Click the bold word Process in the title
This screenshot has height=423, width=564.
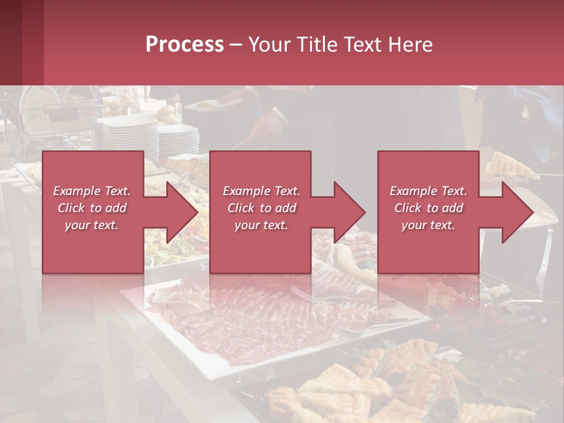[184, 44]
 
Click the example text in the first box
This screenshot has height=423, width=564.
[92, 208]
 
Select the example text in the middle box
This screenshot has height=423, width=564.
[261, 208]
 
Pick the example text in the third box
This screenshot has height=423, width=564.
[428, 208]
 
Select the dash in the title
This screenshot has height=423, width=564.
[236, 45]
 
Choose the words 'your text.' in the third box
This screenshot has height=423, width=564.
[428, 225]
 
